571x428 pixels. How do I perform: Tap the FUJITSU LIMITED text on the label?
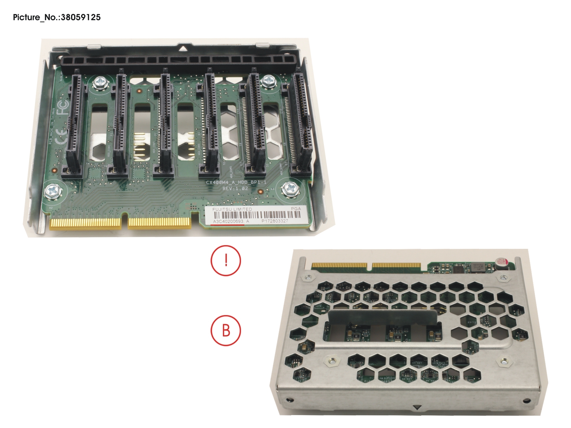click(232, 209)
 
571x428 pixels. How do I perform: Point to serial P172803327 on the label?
click(274, 221)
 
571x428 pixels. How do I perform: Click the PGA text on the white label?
click(295, 209)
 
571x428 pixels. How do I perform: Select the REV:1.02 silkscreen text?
click(235, 189)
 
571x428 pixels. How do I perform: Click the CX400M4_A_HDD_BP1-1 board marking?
click(236, 182)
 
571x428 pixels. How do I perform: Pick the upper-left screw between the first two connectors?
click(99, 84)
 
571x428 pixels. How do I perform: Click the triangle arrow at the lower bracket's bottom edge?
click(417, 408)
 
